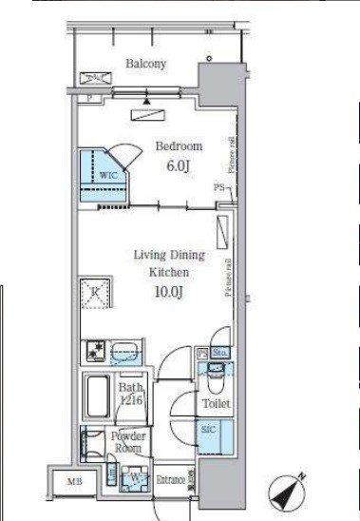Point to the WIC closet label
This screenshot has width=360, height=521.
(105, 177)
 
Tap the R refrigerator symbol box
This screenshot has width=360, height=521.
(97, 292)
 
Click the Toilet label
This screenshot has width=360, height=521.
(216, 404)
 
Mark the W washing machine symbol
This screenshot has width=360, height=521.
(136, 478)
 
